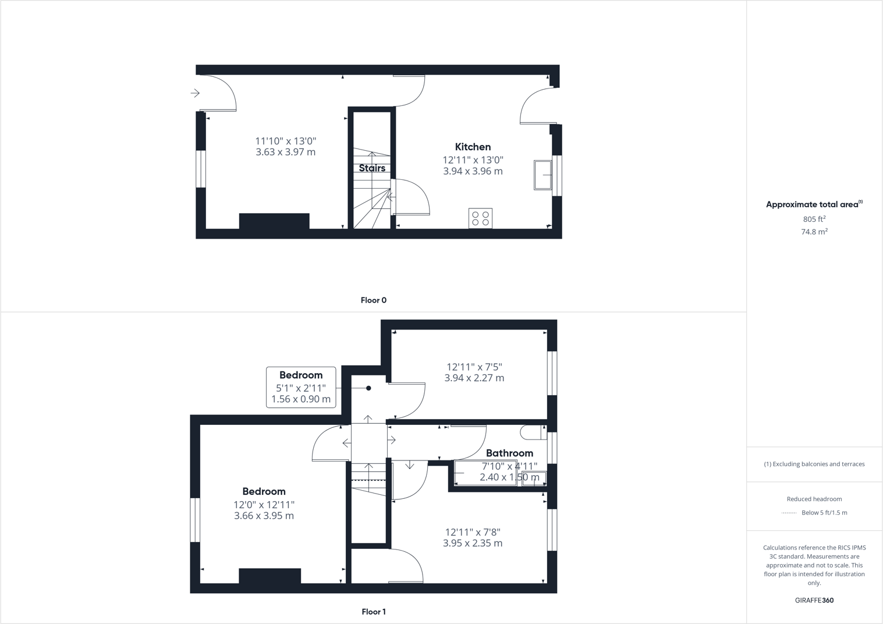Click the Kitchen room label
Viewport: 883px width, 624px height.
473,147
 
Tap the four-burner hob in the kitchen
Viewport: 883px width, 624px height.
480,218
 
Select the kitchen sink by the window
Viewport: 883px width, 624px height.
542,175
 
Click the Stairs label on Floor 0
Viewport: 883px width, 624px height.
372,168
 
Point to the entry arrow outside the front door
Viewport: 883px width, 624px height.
195,93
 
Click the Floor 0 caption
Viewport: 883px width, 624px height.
373,300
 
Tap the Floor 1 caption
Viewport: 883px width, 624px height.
373,612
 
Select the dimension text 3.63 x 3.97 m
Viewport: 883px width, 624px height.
285,152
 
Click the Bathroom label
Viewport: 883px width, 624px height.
509,453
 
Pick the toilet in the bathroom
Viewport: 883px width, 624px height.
533,432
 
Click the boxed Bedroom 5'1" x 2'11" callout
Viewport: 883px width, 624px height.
301,387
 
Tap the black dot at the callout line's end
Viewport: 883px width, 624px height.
368,388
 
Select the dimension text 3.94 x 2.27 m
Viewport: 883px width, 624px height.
474,378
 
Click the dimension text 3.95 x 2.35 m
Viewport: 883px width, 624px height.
472,543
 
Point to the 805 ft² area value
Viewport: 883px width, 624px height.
814,219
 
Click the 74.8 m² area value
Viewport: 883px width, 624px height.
814,232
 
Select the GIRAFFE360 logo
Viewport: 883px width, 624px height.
814,600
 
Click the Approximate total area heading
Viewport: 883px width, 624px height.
813,204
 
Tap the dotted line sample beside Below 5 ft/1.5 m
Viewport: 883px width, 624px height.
789,513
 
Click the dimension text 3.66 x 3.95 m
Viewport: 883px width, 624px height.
264,516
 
